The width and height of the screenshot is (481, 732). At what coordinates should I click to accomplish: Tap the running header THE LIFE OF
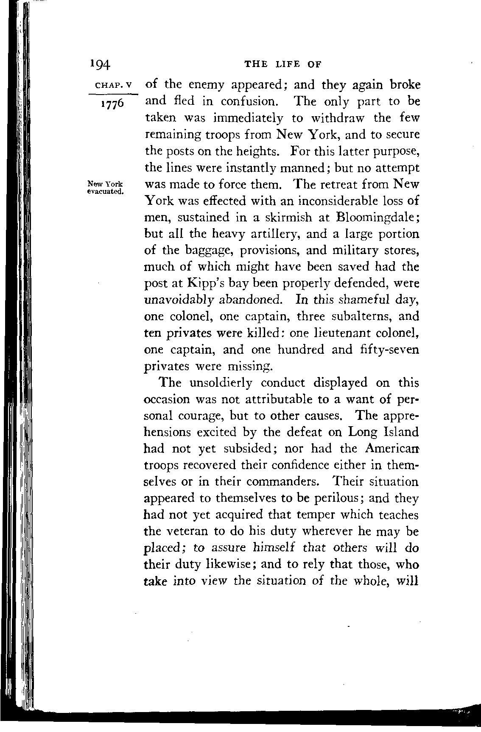pyautogui.click(x=283, y=64)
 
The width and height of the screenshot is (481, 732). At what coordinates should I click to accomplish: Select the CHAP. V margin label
pyautogui.click(x=109, y=85)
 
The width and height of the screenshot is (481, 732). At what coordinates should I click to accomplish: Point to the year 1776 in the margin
pyautogui.click(x=109, y=103)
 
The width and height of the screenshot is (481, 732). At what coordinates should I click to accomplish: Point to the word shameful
pyautogui.click(x=361, y=300)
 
